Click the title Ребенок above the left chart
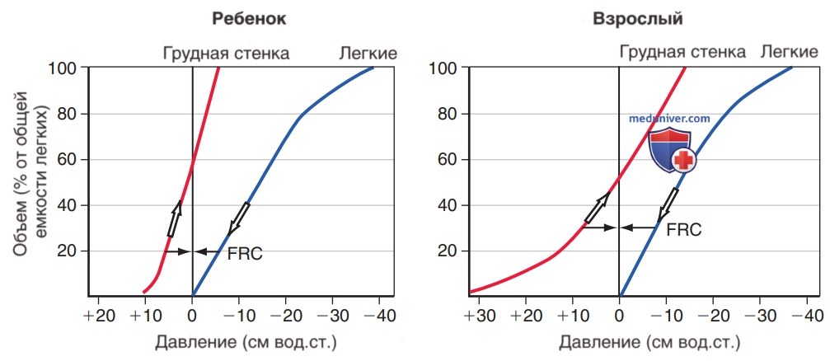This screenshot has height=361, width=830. (249, 20)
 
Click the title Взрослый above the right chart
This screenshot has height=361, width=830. (638, 20)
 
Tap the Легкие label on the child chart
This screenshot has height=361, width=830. (368, 54)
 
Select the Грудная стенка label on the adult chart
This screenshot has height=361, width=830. (682, 52)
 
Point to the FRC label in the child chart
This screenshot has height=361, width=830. (245, 254)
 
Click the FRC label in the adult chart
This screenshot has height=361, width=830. (684, 229)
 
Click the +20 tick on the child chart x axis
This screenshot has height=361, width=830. (98, 316)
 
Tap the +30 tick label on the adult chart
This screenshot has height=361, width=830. (479, 316)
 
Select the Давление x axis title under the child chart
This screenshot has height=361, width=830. (246, 343)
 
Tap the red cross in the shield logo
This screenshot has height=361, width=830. (682, 159)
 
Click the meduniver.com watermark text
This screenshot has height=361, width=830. (669, 120)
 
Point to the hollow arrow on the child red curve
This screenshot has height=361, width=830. (174, 218)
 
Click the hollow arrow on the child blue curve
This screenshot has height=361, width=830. (237, 218)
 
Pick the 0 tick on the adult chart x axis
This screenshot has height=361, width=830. (619, 316)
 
